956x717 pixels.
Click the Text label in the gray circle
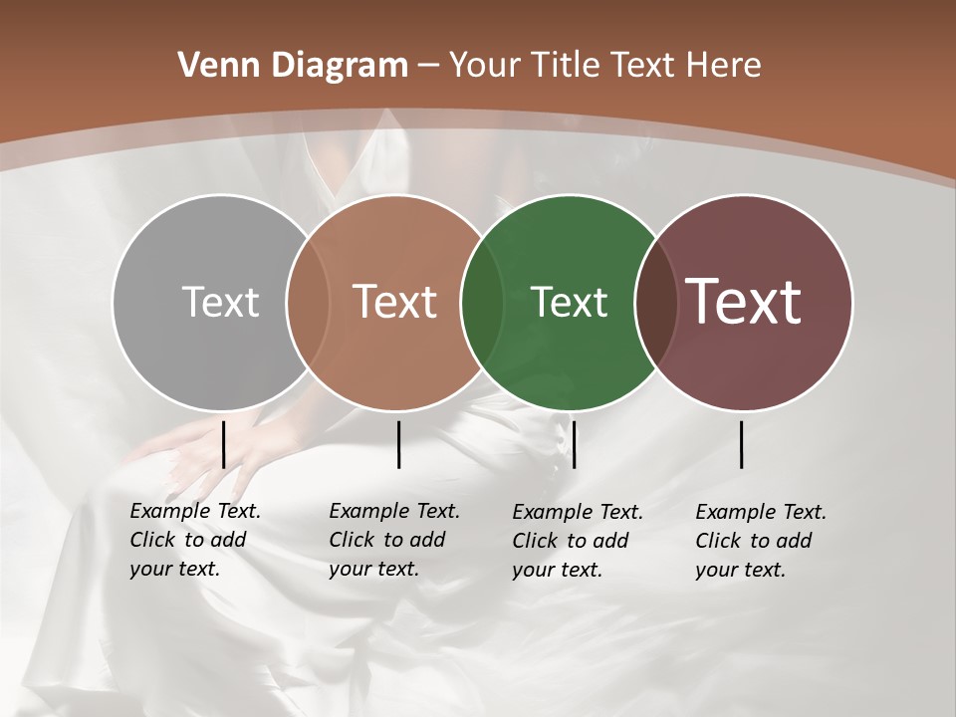(x=220, y=302)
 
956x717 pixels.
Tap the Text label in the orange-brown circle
(x=395, y=302)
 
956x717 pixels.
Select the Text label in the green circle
(x=569, y=302)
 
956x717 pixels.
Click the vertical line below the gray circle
(x=223, y=444)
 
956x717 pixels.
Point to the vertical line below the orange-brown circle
(x=398, y=444)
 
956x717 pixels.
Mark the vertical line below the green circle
(x=574, y=444)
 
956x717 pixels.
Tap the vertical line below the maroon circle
(x=742, y=444)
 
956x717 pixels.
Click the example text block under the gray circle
(x=194, y=540)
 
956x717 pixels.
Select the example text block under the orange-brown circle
(x=393, y=540)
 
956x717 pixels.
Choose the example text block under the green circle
(x=577, y=541)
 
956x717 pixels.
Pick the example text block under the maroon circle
(x=760, y=541)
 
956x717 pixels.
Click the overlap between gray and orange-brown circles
(x=308, y=302)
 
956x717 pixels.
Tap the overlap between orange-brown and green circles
(x=482, y=302)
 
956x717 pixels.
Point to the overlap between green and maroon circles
(x=656, y=302)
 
